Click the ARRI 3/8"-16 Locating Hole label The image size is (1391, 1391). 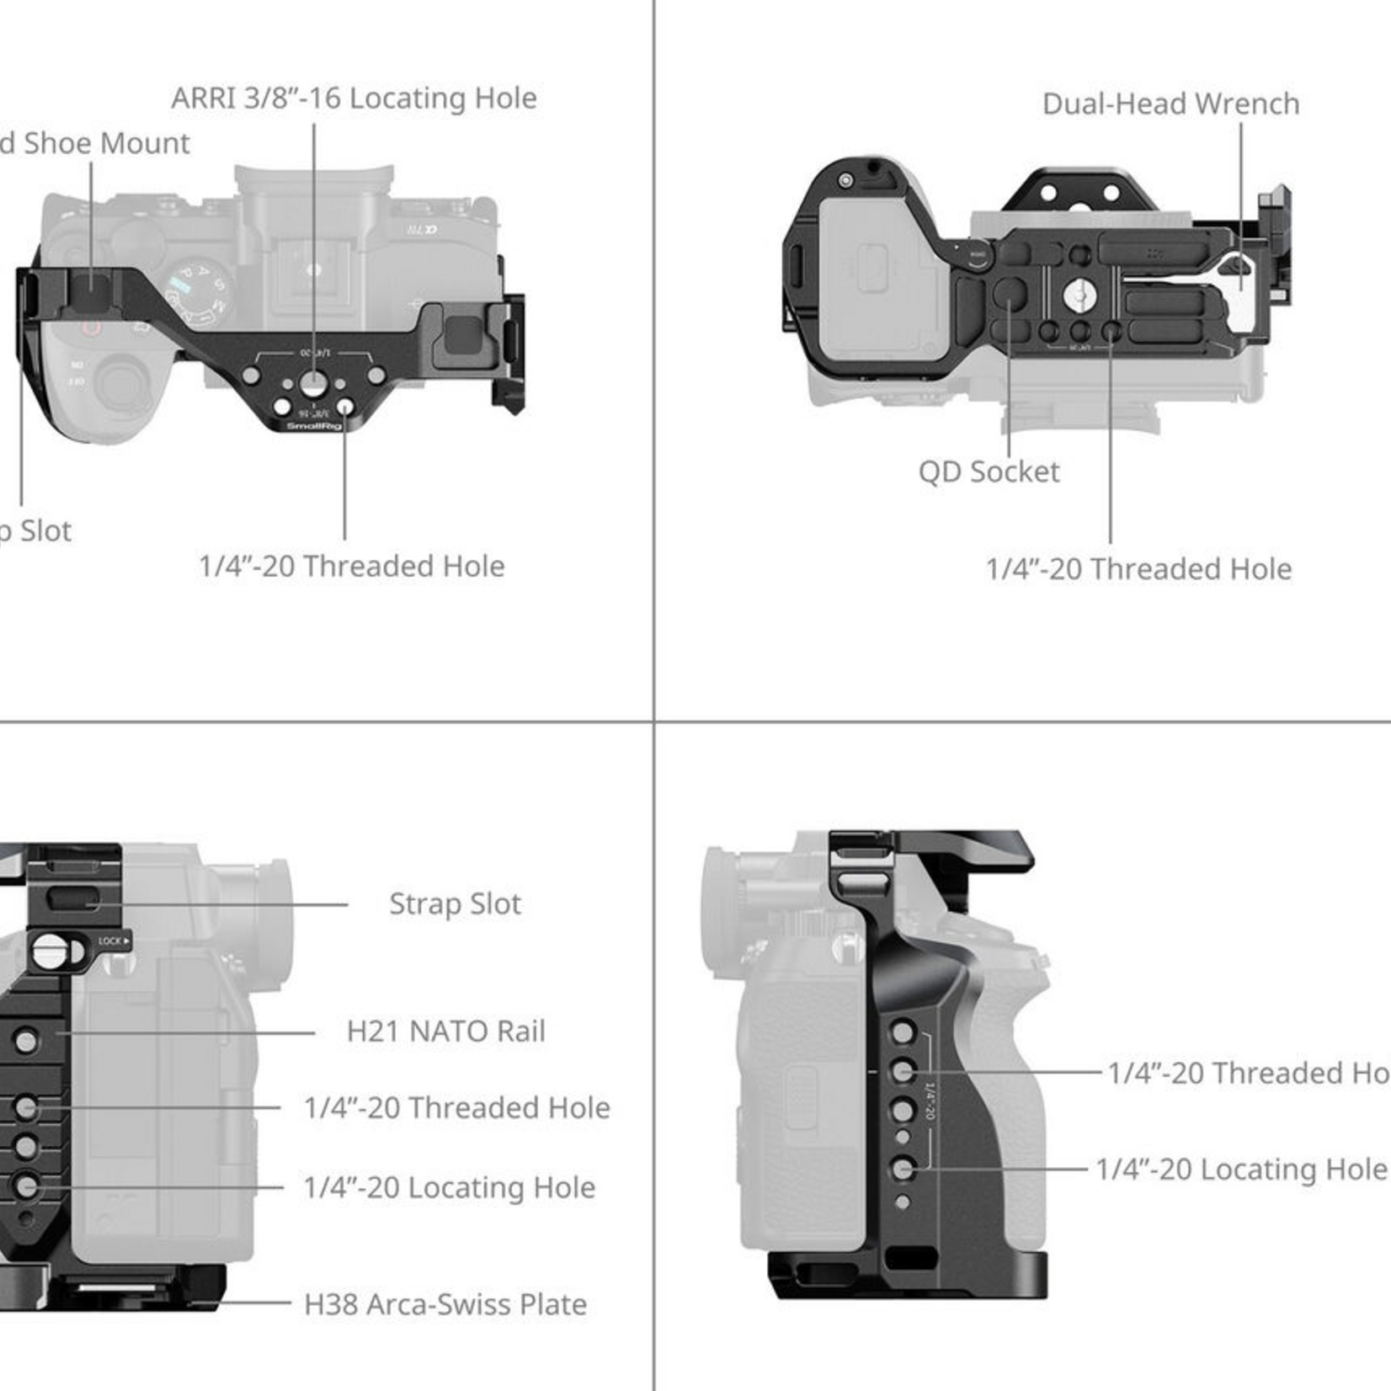tap(354, 99)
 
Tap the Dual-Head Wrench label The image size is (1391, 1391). tap(1170, 104)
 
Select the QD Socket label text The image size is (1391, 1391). tap(989, 472)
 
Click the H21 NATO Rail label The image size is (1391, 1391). tap(445, 1031)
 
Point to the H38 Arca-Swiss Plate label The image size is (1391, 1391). tap(445, 1304)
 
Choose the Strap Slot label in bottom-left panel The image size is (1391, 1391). tap(455, 904)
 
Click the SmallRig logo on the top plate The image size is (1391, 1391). tap(313, 426)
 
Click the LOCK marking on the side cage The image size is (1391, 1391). tap(112, 941)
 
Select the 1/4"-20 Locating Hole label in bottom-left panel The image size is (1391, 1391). tap(449, 1187)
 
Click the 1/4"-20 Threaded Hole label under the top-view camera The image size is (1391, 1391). tap(351, 567)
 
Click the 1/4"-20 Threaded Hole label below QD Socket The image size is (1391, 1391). tap(1138, 569)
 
